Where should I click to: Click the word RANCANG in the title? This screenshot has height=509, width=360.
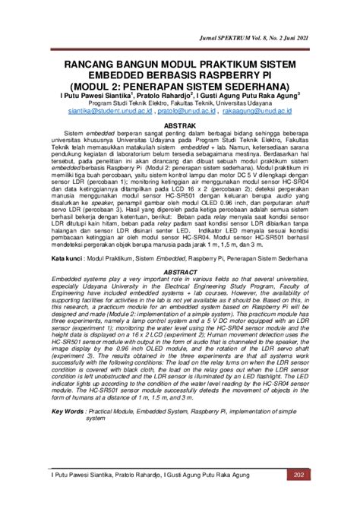click(95, 58)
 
